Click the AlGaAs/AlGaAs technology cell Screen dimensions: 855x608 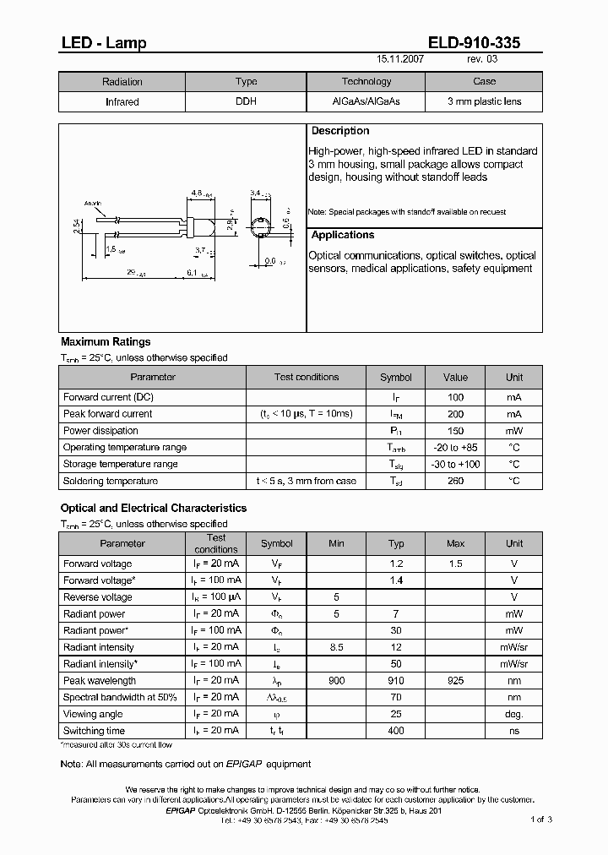(366, 101)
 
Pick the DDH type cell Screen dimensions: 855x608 (246, 101)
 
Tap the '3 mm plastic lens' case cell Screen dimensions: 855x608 (484, 101)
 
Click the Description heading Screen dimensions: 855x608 (340, 131)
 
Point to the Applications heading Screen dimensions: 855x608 (343, 235)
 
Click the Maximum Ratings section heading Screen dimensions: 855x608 (106, 342)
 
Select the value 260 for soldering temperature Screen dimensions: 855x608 (455, 481)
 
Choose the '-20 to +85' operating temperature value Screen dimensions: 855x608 (455, 447)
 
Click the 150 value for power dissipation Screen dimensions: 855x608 (455, 430)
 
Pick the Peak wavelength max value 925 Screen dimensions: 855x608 (455, 680)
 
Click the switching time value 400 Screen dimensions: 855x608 (396, 731)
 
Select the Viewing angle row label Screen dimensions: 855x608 (92, 714)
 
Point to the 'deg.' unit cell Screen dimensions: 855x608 (514, 714)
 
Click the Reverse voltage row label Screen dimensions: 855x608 (98, 596)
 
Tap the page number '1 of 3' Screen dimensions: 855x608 (541, 819)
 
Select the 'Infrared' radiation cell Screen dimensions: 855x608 (122, 101)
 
